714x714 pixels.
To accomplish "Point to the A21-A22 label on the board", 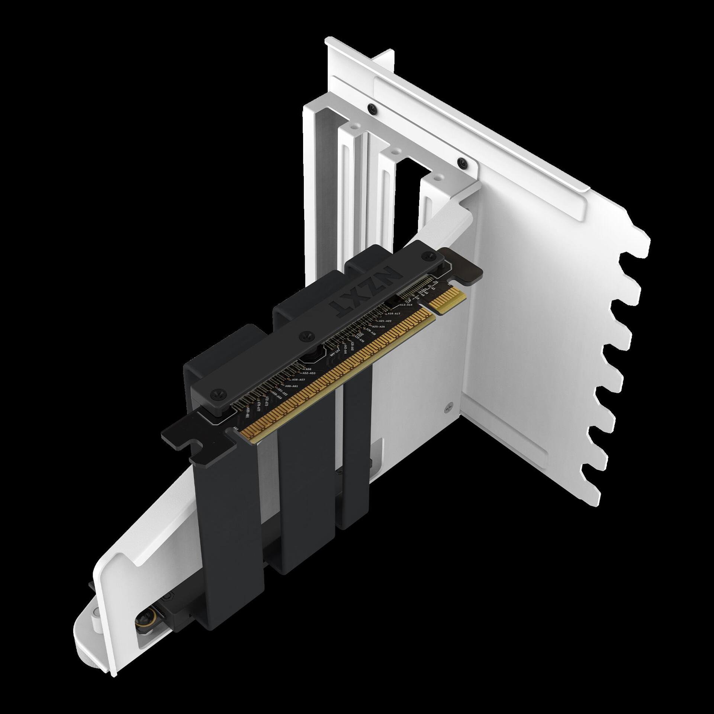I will click(385, 321).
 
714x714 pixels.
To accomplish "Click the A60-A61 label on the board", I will click(290, 386).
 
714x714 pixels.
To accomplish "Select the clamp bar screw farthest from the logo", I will click(216, 393).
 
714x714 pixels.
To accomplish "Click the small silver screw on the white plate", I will click(447, 408).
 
